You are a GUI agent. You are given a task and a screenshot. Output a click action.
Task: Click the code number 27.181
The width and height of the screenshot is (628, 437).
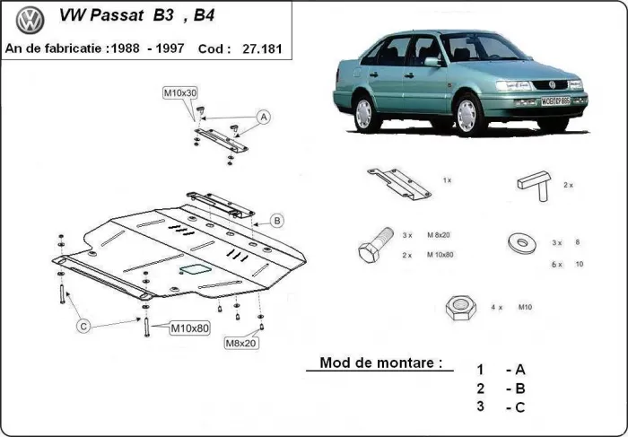[261, 49]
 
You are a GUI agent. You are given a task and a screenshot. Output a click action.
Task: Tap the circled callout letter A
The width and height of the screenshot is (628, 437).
[264, 117]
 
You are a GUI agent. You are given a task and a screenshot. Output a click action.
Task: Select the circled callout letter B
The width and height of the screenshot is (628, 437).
[277, 220]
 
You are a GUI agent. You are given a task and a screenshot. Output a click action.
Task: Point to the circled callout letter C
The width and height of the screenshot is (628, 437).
[83, 326]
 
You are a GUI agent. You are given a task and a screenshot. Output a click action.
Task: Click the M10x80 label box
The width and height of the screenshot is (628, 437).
[189, 328]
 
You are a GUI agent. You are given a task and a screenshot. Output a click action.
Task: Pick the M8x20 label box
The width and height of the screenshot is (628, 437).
[241, 343]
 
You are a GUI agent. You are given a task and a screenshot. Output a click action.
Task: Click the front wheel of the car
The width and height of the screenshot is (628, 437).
[467, 115]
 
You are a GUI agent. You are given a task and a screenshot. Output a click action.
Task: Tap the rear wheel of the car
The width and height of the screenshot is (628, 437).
[363, 113]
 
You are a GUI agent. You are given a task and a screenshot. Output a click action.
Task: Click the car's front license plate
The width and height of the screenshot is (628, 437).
[555, 101]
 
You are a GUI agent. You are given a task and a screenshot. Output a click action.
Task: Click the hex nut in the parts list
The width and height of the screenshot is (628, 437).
[460, 308]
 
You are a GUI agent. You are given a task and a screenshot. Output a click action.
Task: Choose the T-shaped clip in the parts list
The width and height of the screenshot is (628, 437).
[530, 183]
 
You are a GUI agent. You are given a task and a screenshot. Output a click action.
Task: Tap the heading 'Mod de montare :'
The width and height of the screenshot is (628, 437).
[381, 364]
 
